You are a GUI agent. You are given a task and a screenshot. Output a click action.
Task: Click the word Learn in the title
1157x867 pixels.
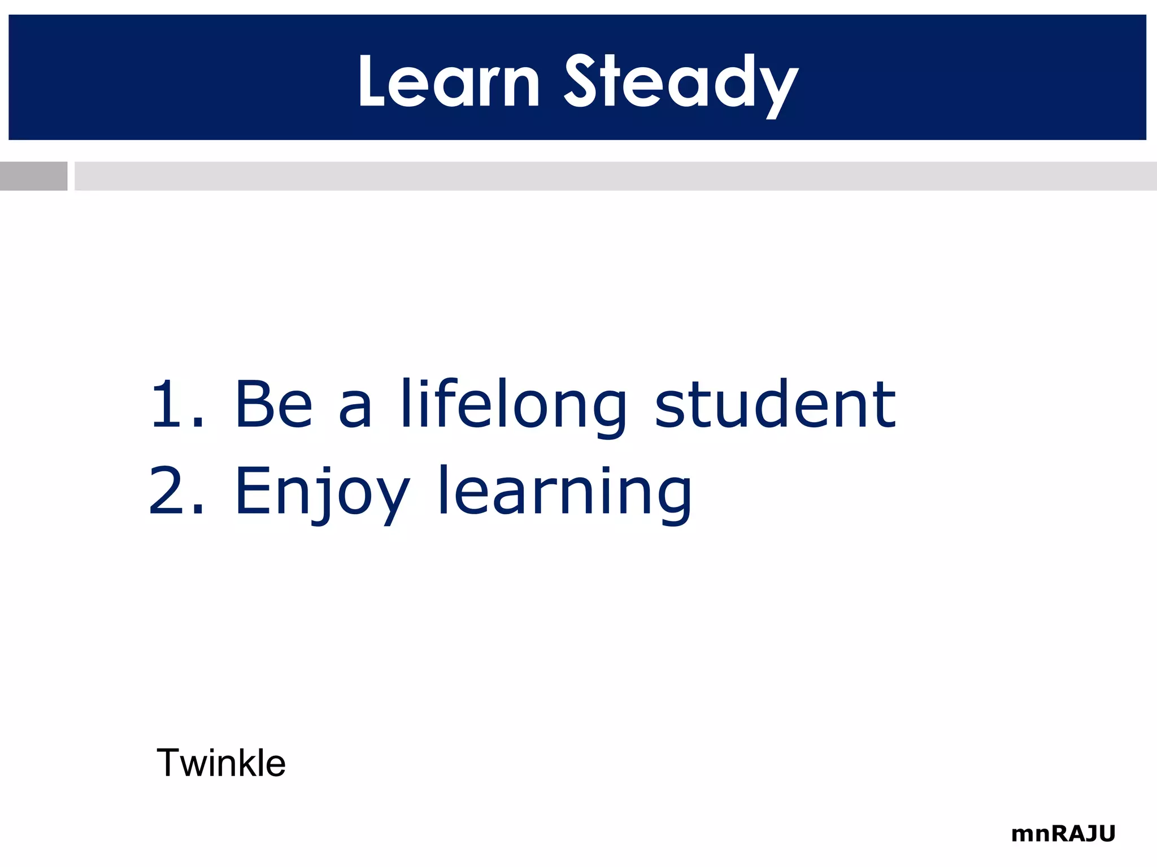[x=449, y=82]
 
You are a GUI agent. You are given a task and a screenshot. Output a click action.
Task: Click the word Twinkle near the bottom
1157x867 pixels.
[x=221, y=763]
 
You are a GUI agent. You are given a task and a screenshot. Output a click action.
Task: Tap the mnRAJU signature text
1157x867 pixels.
[x=1063, y=834]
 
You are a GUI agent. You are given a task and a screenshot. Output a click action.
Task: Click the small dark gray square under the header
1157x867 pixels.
[x=33, y=176]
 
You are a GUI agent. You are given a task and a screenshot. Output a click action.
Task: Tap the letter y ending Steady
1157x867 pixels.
[x=779, y=90]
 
